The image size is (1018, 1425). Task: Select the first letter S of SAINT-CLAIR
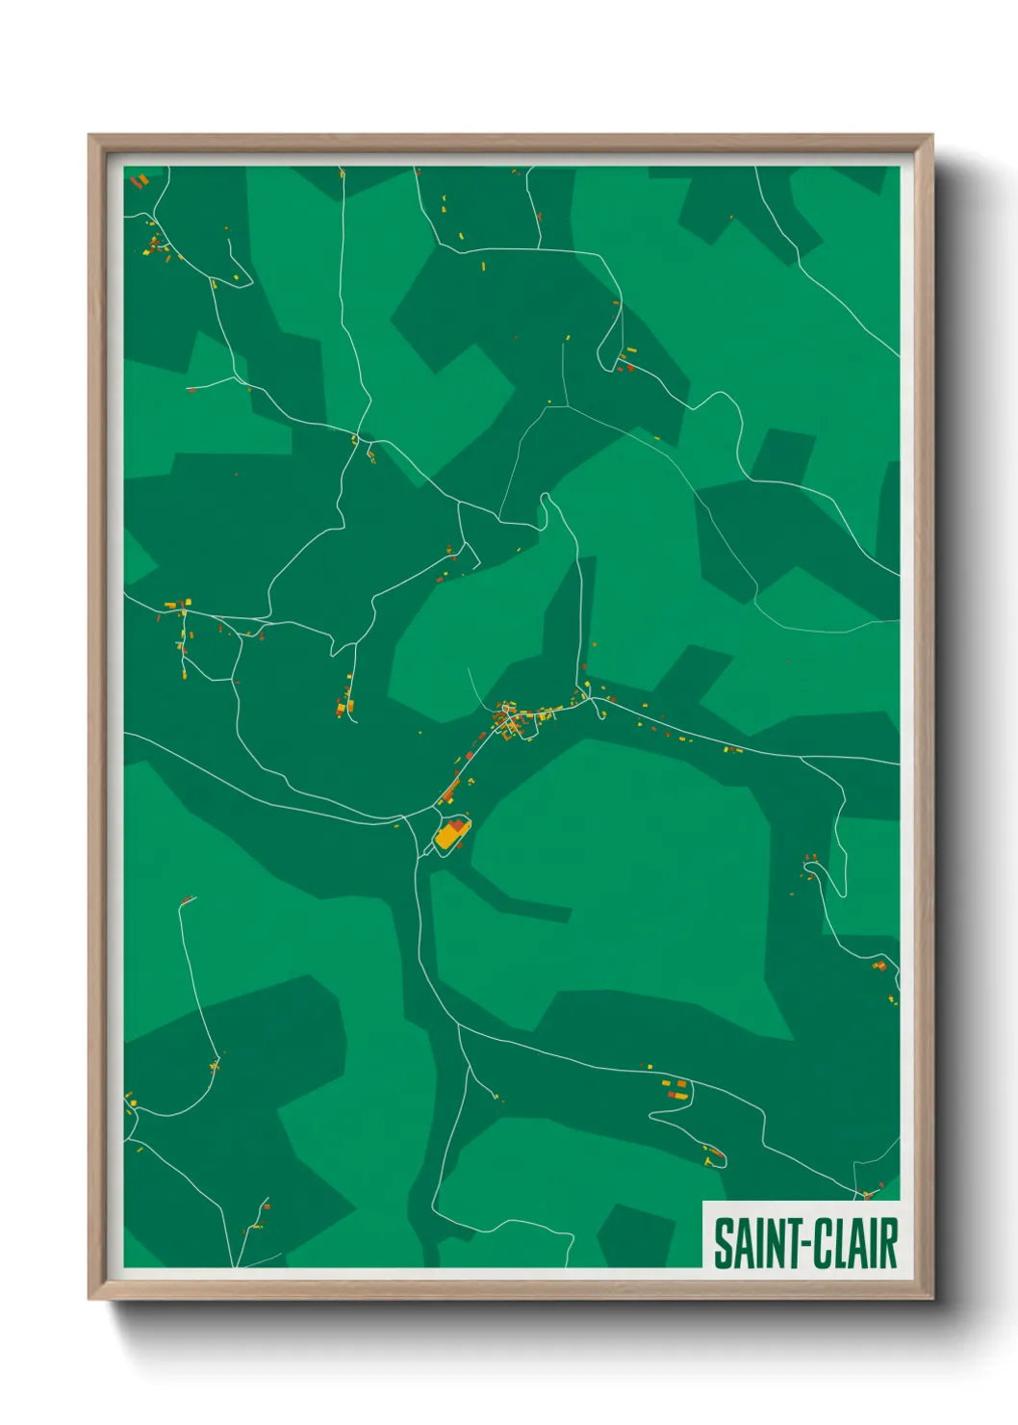point(722,1243)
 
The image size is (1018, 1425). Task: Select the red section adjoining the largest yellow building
point(455,825)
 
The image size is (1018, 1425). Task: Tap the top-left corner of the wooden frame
point(89,136)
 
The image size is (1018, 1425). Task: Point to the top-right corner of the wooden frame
point(931,136)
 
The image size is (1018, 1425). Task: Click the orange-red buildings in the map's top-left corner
point(139,180)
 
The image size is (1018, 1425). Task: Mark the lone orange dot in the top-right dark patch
point(731,218)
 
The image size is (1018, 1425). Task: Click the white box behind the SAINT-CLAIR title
point(801,1211)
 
